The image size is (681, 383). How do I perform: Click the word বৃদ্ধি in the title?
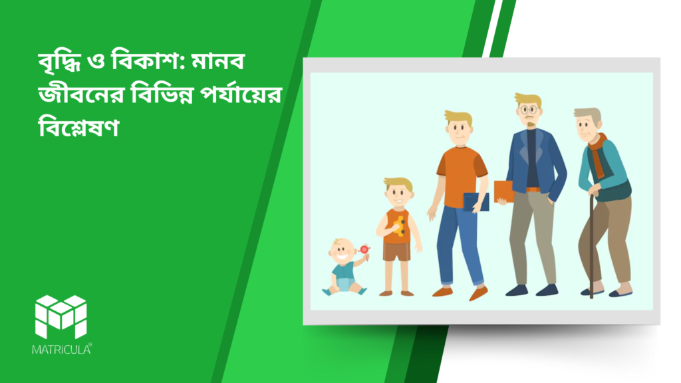pyautogui.click(x=59, y=61)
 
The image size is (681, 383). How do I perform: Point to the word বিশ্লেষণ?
pyautogui.click(x=78, y=127)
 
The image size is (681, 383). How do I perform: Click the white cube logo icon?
pyautogui.click(x=61, y=317)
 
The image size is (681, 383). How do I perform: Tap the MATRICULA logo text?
pyautogui.click(x=62, y=349)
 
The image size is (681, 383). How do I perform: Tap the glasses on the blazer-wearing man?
pyautogui.click(x=529, y=110)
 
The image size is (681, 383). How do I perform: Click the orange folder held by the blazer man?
pyautogui.click(x=504, y=191)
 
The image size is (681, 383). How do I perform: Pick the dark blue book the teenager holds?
pyautogui.click(x=476, y=202)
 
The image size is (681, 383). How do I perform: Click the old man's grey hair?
pyautogui.click(x=588, y=116)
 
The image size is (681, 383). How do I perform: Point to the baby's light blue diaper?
pyautogui.click(x=344, y=284)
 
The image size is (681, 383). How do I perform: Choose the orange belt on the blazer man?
pyautogui.click(x=533, y=190)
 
